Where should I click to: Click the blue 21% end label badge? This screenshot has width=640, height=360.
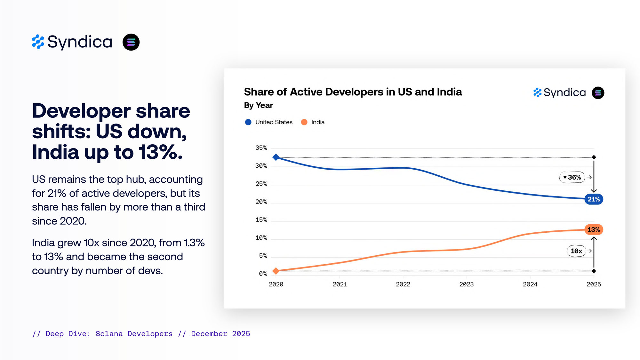(594, 199)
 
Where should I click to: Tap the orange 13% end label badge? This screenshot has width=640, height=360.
(594, 230)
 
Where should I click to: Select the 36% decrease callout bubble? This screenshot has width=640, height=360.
(572, 177)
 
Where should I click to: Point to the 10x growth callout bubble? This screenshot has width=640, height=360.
(576, 251)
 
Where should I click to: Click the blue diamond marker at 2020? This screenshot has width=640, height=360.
(276, 157)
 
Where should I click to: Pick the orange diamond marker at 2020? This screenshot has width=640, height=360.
(276, 271)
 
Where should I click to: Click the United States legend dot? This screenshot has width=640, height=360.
(248, 122)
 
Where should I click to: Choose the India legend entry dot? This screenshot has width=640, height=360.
(304, 122)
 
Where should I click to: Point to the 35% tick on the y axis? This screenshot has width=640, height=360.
(261, 148)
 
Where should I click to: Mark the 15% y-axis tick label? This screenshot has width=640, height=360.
(261, 220)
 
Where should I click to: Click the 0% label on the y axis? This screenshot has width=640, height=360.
(263, 274)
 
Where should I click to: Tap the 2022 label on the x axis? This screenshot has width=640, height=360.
(403, 284)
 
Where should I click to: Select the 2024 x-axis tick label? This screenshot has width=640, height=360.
(530, 284)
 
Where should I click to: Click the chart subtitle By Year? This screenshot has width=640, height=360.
(258, 105)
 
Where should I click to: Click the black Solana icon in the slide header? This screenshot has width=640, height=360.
(131, 42)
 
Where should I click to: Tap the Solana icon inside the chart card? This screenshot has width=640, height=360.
(598, 93)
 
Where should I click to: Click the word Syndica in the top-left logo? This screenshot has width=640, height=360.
(80, 42)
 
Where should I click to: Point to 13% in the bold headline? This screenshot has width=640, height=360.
(160, 152)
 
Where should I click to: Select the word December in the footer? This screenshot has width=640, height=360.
(209, 334)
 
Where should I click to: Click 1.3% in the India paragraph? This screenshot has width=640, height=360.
(194, 243)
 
